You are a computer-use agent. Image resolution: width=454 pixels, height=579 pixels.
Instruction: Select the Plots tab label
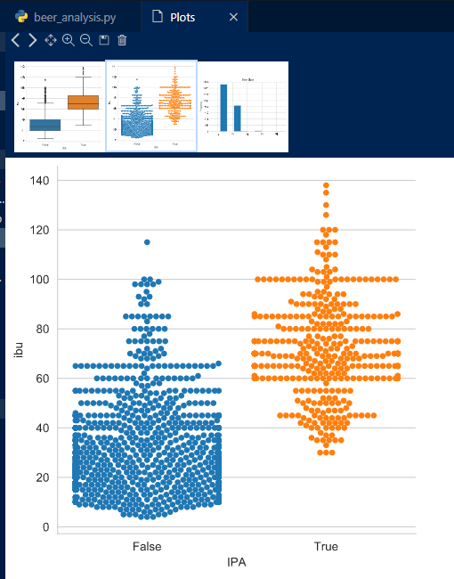point(183,17)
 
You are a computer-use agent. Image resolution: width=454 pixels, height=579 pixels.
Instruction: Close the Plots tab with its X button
point(233,17)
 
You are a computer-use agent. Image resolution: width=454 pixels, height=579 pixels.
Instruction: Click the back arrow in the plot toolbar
point(16,40)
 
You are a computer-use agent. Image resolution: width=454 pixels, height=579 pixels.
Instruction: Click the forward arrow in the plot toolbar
point(32,40)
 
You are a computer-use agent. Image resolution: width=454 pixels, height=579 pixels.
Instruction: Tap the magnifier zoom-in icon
point(69,40)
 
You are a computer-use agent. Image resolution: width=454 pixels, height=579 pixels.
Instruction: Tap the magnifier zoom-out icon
point(86,40)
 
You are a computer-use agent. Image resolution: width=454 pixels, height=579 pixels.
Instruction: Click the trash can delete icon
point(122,40)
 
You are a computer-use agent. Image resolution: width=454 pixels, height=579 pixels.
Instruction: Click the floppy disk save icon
point(104,40)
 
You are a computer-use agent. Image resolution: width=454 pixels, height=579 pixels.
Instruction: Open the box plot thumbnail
point(60,106)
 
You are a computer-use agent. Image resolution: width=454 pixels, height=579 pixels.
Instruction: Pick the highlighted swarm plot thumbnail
point(151,106)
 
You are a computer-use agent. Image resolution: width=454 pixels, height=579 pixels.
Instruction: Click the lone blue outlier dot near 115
point(147,241)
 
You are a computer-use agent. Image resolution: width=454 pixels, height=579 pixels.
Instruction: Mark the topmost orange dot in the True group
point(326,186)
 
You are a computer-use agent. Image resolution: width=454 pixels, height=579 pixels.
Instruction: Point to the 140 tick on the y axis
point(39,181)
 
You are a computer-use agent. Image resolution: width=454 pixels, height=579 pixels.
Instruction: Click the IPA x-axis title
point(237,563)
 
